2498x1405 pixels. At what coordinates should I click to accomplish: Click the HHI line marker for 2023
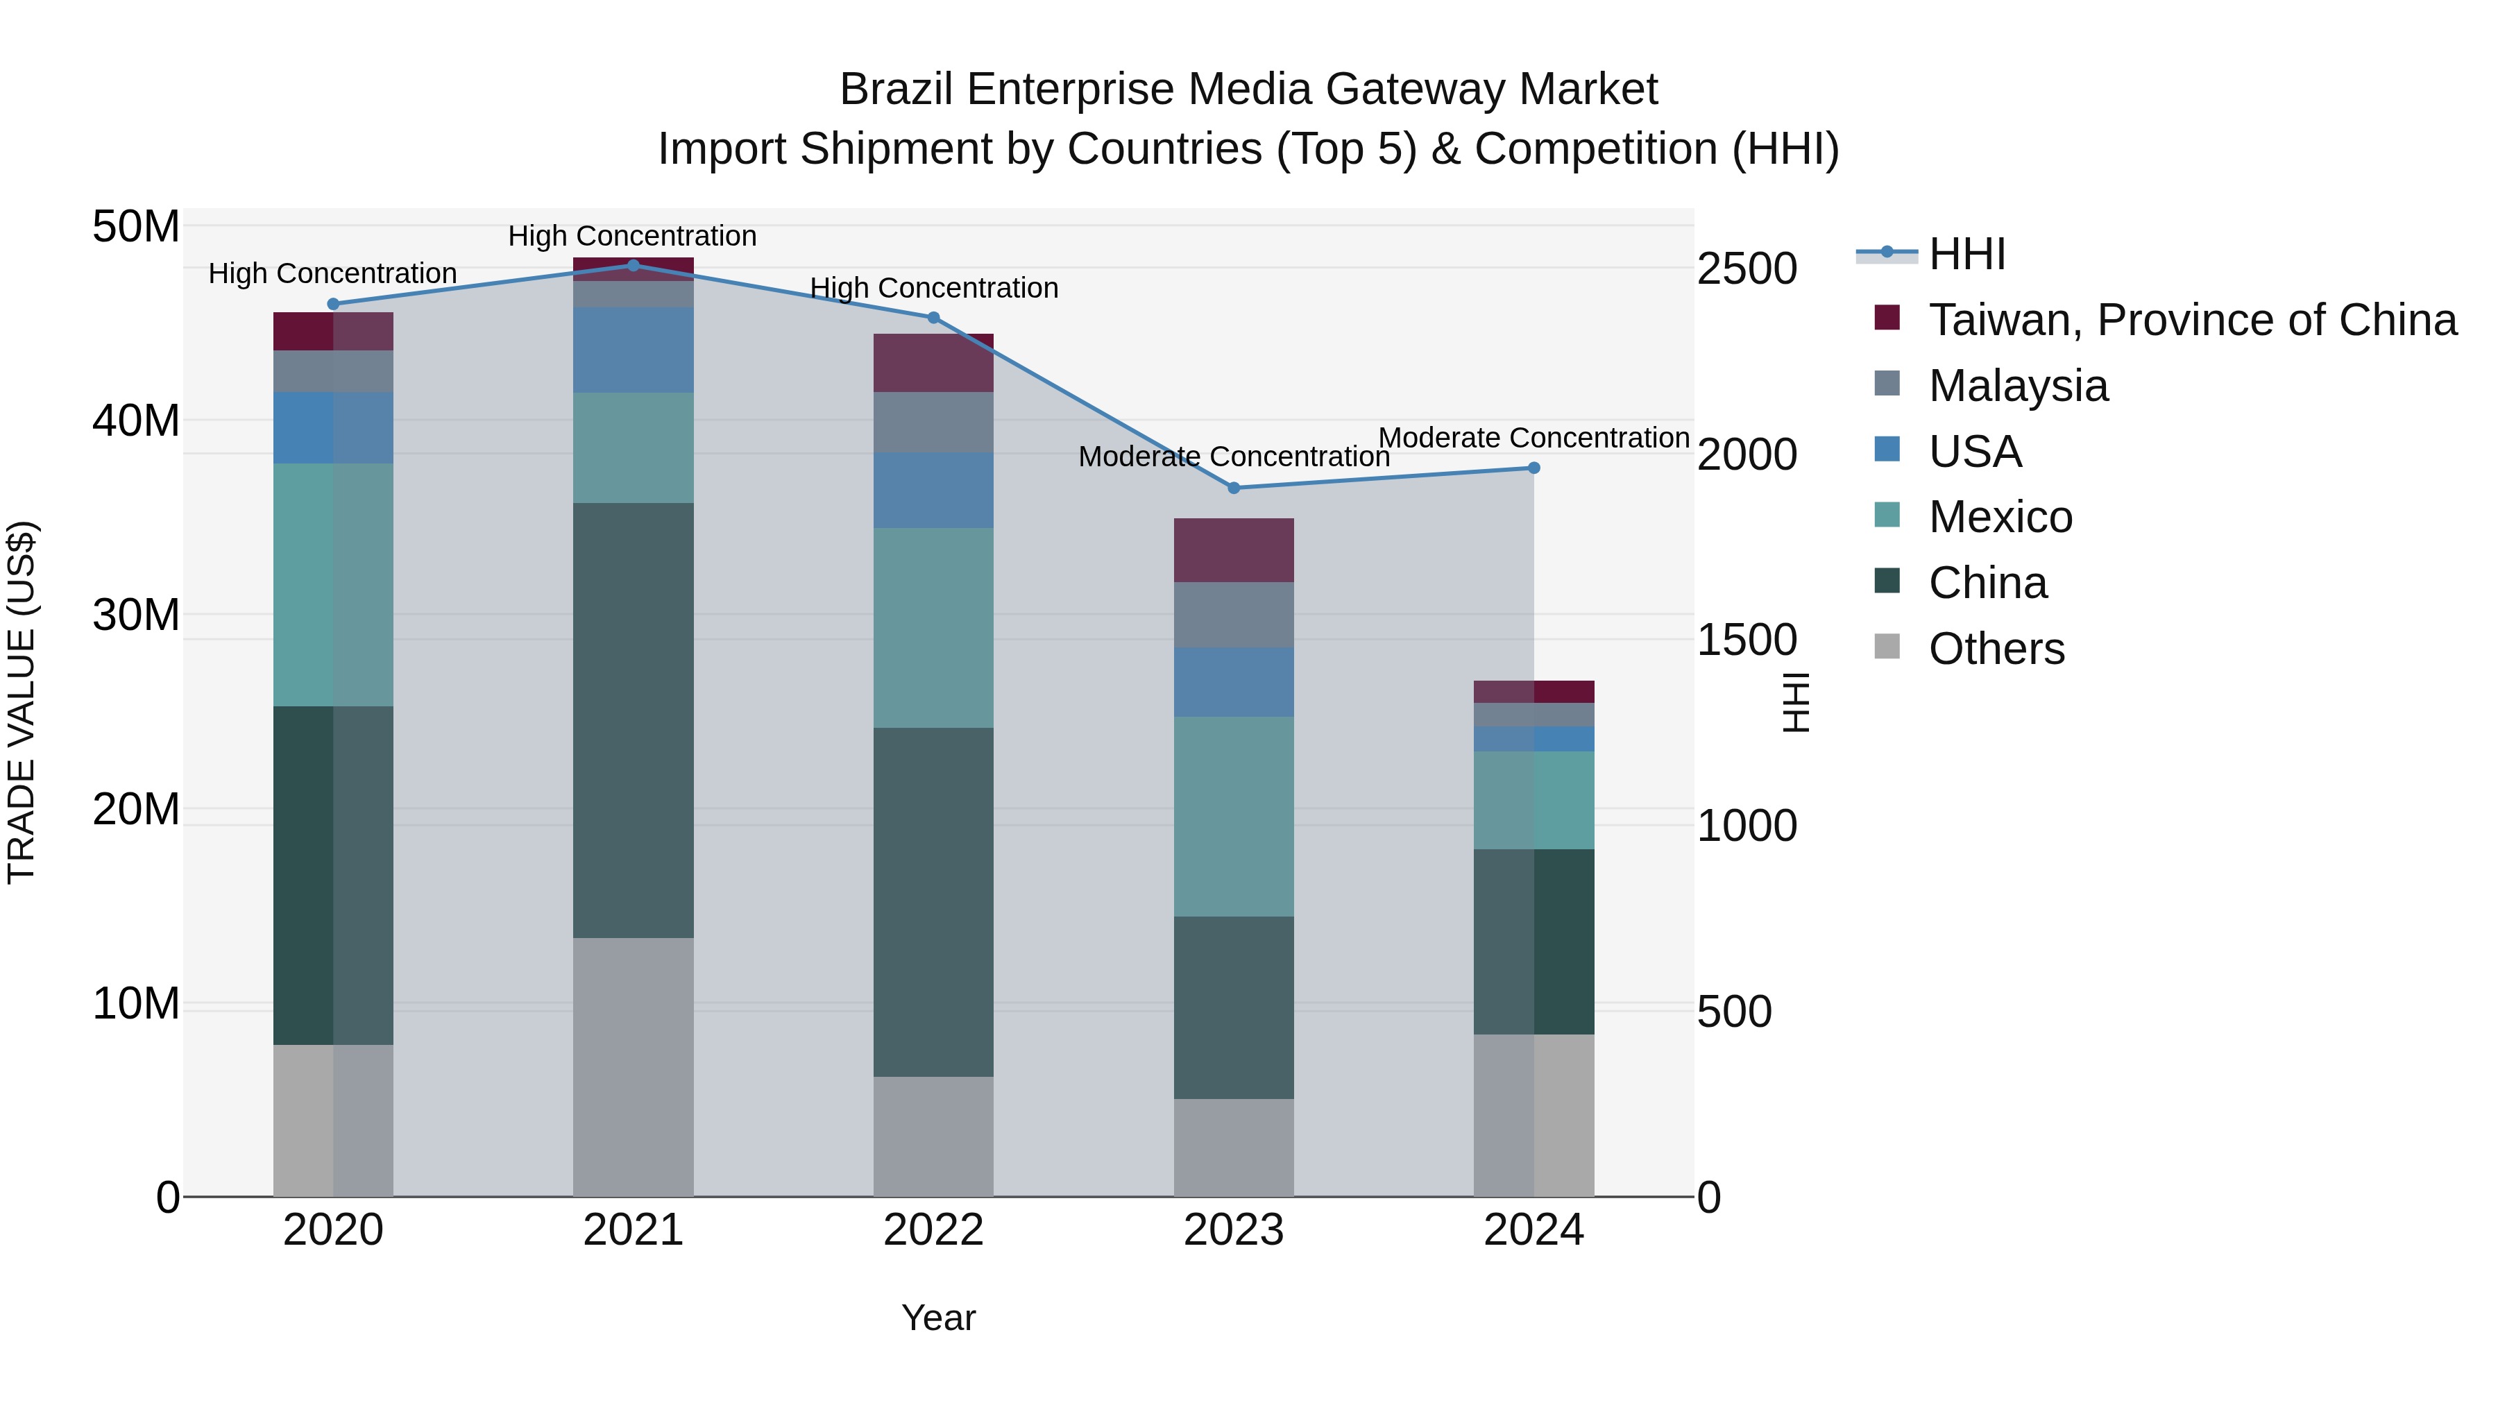click(1234, 488)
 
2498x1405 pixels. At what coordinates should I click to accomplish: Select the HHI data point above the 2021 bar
click(634, 266)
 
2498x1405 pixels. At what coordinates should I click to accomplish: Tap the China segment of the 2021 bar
click(634, 719)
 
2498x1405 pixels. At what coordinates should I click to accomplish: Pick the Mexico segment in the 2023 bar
click(1234, 817)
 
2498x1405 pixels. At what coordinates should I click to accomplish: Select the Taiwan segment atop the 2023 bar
click(1234, 550)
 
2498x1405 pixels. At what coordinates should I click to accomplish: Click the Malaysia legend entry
click(2017, 386)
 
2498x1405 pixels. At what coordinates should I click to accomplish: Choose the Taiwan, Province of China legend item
click(2191, 320)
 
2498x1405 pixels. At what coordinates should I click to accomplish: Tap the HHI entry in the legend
click(1966, 254)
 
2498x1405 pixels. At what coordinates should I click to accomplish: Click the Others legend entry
click(1996, 649)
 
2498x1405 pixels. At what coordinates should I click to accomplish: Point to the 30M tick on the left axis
click(136, 615)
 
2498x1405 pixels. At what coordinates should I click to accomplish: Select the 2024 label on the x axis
click(1533, 1230)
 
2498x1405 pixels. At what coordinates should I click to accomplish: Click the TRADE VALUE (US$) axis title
click(22, 702)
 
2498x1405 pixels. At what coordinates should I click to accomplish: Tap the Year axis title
click(937, 1318)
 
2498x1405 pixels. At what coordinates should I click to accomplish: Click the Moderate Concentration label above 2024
click(1533, 438)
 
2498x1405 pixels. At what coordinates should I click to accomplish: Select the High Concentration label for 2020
click(332, 273)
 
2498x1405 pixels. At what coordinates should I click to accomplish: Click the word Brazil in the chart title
click(898, 90)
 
